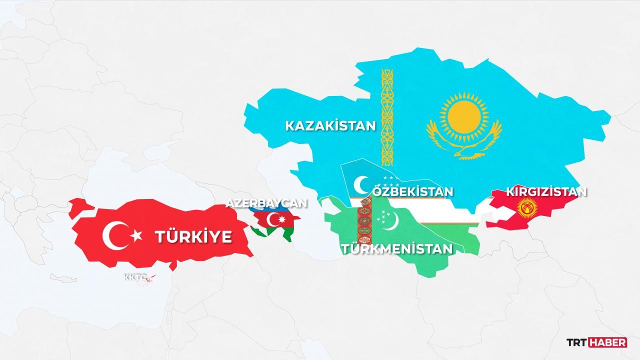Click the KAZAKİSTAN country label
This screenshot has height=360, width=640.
[x=330, y=125]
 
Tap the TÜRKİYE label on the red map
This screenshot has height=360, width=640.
[x=193, y=236]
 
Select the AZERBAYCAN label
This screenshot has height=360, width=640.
[x=266, y=203]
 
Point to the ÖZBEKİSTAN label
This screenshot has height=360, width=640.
[x=413, y=191]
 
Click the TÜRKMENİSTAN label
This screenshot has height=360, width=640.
[x=397, y=248]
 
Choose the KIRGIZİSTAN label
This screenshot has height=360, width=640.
[x=546, y=191]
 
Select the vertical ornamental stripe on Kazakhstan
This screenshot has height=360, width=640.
[x=387, y=117]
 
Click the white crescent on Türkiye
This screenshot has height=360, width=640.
[x=114, y=235]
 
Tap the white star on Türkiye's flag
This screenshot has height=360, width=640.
[x=136, y=235]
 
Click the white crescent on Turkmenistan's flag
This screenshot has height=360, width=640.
[x=393, y=218]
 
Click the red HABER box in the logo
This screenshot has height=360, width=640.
[x=607, y=342]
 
